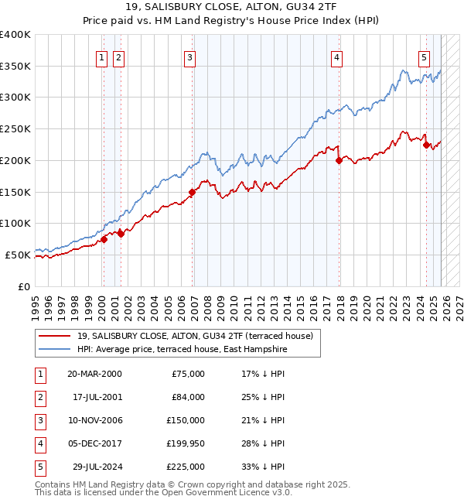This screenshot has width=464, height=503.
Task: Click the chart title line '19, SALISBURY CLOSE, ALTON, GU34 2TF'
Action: tap(232, 7)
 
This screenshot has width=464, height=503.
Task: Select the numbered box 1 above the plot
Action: tap(102, 56)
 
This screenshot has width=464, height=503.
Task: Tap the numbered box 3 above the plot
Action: tap(189, 56)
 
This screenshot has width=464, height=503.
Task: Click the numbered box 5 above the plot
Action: tap(425, 56)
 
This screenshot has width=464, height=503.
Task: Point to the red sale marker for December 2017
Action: tap(339, 161)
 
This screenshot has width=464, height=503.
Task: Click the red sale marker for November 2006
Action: tap(193, 192)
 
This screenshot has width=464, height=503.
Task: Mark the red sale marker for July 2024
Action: tap(426, 145)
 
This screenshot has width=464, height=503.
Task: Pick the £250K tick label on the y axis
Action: tap(15, 129)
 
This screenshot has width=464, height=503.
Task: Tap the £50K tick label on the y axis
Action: tap(19, 255)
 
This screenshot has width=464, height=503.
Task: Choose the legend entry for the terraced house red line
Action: tap(195, 336)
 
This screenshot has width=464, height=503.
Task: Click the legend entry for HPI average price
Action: tap(182, 350)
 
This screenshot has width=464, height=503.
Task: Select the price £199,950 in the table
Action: tap(186, 443)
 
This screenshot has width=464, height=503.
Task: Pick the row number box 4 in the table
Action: tap(39, 443)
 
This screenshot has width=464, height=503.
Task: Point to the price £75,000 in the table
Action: tap(189, 374)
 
